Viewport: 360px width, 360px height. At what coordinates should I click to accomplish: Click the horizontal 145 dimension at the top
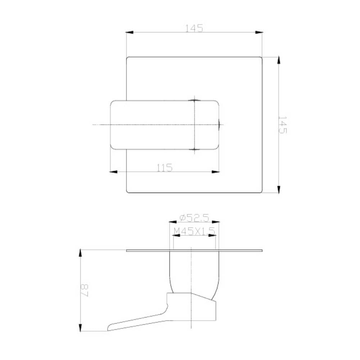(x=194, y=28)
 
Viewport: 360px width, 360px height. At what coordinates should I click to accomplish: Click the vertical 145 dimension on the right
(x=283, y=125)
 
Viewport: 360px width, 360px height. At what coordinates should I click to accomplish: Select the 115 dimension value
(x=164, y=167)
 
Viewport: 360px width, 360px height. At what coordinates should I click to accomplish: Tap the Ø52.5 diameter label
(x=194, y=218)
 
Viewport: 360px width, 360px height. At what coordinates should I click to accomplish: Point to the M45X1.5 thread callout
(x=194, y=231)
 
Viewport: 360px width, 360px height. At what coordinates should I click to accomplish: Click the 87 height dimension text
(x=85, y=290)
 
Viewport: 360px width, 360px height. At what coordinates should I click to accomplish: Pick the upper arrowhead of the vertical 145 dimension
(x=279, y=60)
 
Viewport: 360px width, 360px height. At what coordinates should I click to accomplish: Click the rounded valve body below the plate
(x=194, y=274)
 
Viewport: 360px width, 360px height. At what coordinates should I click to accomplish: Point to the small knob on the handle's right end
(x=220, y=125)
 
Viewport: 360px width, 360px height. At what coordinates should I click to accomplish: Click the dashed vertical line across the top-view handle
(x=194, y=125)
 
